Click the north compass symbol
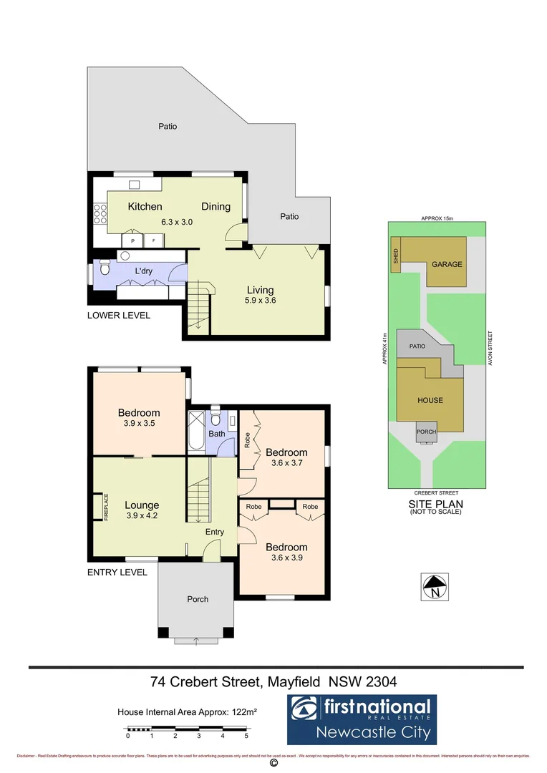point(435,587)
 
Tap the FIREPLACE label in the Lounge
point(105,507)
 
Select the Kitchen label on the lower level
point(145,207)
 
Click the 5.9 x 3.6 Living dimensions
point(261,301)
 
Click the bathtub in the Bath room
point(195,431)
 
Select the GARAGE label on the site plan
point(446,264)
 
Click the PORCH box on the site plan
point(427,432)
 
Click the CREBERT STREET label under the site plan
point(435,493)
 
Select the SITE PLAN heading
point(435,504)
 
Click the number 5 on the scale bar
point(246,735)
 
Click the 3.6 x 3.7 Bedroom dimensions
point(286,463)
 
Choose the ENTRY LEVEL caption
point(117,572)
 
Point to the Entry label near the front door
point(214,532)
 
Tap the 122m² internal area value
point(243,712)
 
